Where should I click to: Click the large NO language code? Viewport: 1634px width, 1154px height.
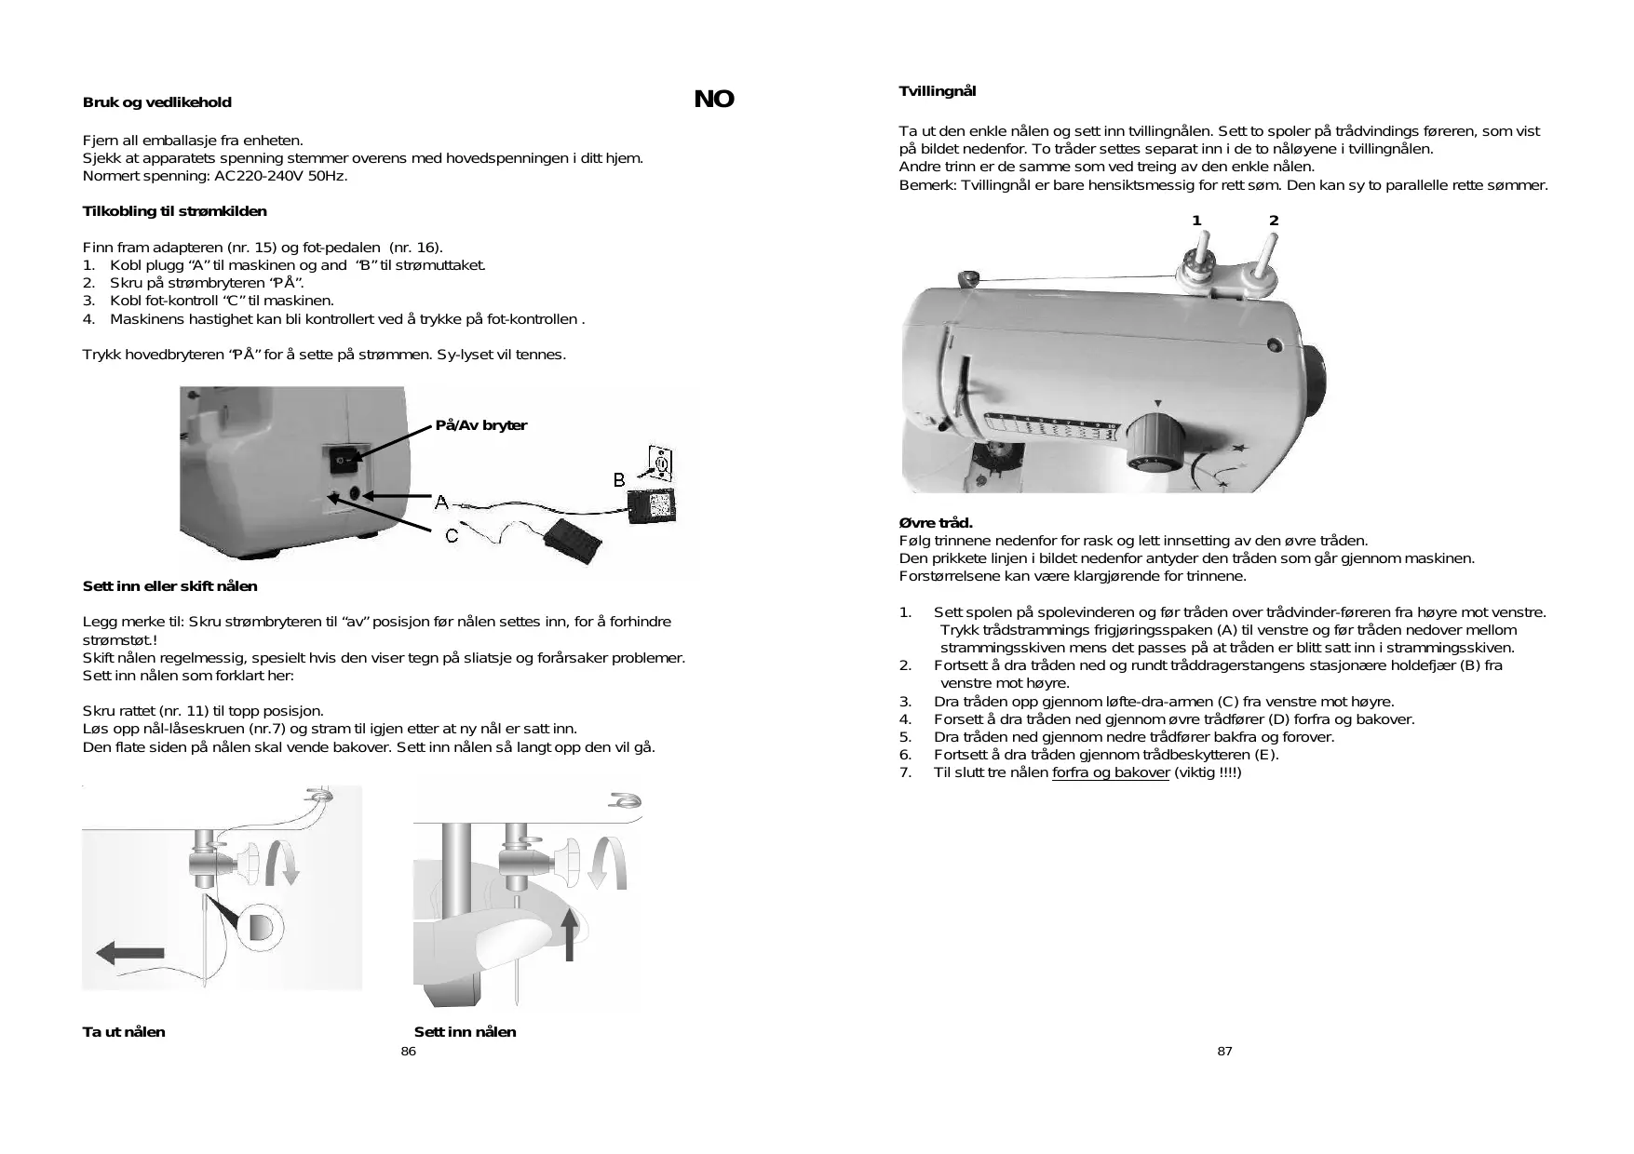coord(714,100)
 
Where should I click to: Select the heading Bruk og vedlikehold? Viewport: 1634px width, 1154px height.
coord(156,102)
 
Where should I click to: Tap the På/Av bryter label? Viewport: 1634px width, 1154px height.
coord(480,425)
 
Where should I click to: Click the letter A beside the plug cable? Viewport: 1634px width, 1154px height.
coord(442,503)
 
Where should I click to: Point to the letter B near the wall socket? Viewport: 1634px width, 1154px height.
coord(619,480)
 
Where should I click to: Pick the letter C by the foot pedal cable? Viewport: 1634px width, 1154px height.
coord(452,536)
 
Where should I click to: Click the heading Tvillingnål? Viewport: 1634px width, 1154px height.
coord(937,91)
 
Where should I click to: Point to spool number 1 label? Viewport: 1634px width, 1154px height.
coord(1196,221)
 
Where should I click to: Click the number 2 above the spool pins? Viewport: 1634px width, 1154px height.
coord(1274,221)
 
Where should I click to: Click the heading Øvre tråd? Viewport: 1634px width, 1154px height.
coord(936,523)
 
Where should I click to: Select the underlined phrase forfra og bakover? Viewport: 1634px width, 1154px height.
coord(1110,772)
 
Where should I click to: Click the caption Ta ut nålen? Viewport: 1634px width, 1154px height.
coord(124,1032)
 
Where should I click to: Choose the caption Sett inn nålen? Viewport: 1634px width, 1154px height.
coord(465,1032)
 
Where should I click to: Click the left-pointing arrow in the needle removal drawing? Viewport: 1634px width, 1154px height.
coord(130,953)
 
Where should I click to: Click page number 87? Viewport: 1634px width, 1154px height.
coord(1224,1052)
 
